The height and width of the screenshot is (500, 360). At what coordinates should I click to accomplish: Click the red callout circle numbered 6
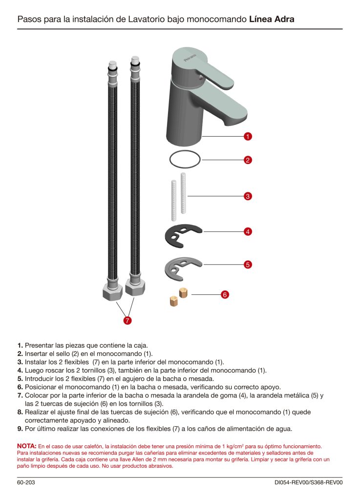(225, 294)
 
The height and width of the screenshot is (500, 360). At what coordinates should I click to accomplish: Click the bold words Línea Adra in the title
(272, 20)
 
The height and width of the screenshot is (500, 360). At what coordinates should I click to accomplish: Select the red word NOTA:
(27, 446)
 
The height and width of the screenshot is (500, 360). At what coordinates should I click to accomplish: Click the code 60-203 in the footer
(26, 483)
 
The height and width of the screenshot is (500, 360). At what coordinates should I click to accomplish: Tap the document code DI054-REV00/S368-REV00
(308, 483)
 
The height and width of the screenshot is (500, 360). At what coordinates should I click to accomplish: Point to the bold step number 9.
(20, 429)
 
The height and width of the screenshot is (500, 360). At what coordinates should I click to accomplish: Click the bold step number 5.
(20, 378)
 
